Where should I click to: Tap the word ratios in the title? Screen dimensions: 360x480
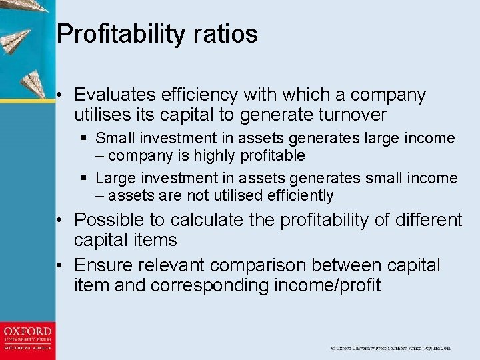coord(225,34)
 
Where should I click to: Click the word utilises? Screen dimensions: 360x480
coord(104,115)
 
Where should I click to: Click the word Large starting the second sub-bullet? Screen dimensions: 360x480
coord(116,179)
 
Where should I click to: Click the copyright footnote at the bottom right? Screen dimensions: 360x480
coord(391,349)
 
